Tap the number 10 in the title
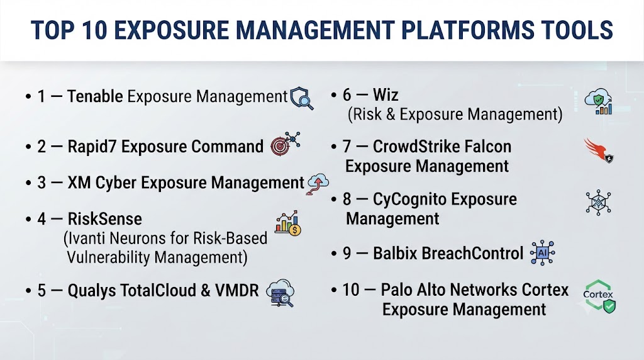[x=94, y=30]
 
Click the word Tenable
[x=95, y=96]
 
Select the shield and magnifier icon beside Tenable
[x=301, y=99]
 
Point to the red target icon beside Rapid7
[x=285, y=143]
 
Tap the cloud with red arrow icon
[x=318, y=184]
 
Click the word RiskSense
[x=105, y=218]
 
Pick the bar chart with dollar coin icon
[x=288, y=223]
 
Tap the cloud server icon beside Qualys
[x=280, y=293]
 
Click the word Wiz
[x=386, y=95]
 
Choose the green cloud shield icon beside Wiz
[x=599, y=101]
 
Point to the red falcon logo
[x=599, y=151]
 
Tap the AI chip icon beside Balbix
[x=542, y=253]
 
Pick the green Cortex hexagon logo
[x=599, y=296]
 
